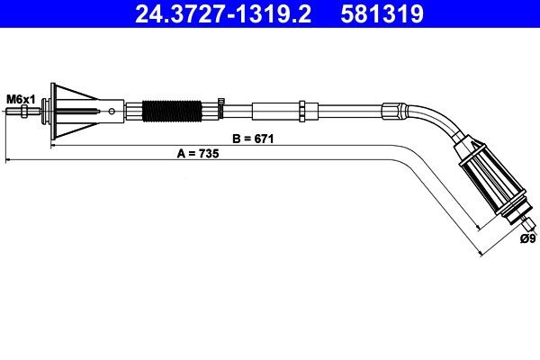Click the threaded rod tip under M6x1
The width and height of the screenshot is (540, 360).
coord(13,112)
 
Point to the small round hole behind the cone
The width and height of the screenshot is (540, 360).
coord(112,112)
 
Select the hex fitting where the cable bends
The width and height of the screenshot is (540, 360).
coord(393,112)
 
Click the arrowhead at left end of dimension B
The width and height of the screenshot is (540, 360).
coord(54,144)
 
